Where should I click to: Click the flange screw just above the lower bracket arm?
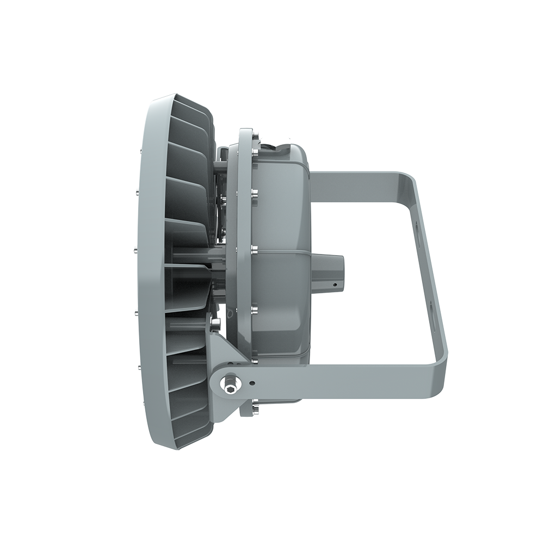point(254,360)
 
